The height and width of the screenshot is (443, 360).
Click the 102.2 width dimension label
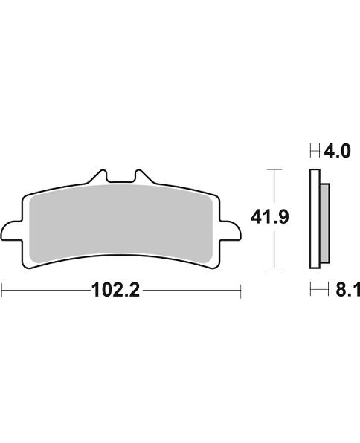coord(115,290)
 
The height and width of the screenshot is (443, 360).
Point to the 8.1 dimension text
coord(345,290)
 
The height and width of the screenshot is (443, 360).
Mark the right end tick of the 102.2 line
coord(240,291)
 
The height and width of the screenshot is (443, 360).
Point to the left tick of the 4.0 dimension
coord(309,152)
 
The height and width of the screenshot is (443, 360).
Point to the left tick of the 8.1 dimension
coord(309,291)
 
